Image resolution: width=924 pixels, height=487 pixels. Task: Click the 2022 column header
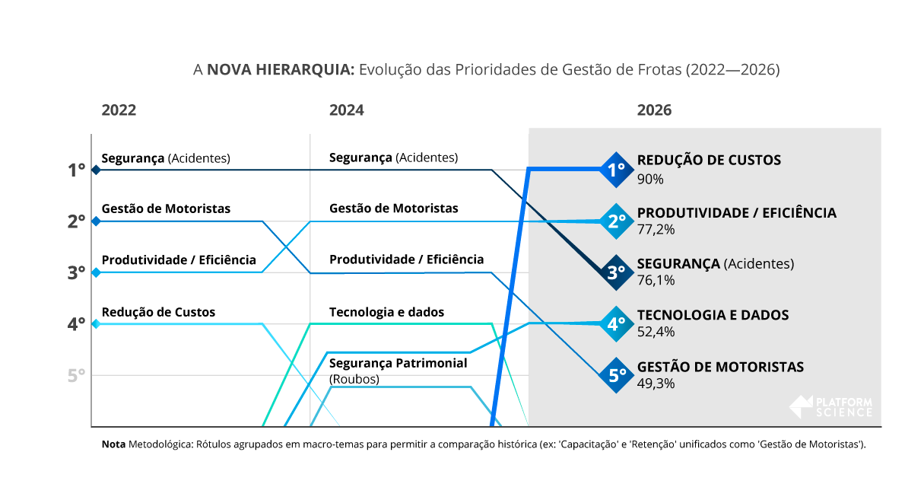click(x=119, y=110)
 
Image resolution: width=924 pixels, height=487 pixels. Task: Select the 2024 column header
click(x=346, y=110)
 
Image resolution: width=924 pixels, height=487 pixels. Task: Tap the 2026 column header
click(x=654, y=110)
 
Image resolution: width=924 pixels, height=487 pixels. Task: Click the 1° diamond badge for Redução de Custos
click(x=616, y=170)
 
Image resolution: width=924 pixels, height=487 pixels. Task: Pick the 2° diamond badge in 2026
click(x=616, y=221)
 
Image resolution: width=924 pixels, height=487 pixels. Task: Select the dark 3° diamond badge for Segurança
click(x=616, y=272)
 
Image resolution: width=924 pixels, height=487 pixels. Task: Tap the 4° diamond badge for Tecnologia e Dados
click(x=616, y=324)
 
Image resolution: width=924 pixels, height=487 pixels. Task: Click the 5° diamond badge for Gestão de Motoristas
click(x=616, y=375)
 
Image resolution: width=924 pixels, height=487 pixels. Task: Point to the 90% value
click(x=650, y=180)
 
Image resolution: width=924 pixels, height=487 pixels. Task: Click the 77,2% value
click(x=656, y=229)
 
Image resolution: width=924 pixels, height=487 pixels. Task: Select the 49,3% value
click(x=656, y=384)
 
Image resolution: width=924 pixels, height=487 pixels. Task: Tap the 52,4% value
click(x=656, y=332)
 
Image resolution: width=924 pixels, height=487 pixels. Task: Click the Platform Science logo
click(x=831, y=407)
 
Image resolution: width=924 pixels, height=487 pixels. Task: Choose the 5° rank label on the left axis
click(x=76, y=376)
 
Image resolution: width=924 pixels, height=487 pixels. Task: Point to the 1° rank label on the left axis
click(x=76, y=170)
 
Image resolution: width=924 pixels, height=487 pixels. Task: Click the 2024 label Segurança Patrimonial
click(x=398, y=364)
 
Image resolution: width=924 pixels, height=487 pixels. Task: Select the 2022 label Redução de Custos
click(x=158, y=312)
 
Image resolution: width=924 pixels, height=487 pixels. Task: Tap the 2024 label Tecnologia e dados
click(x=386, y=312)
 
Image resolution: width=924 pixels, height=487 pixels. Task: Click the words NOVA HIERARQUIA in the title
click(x=281, y=70)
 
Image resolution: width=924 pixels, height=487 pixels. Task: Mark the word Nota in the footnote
click(x=113, y=444)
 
